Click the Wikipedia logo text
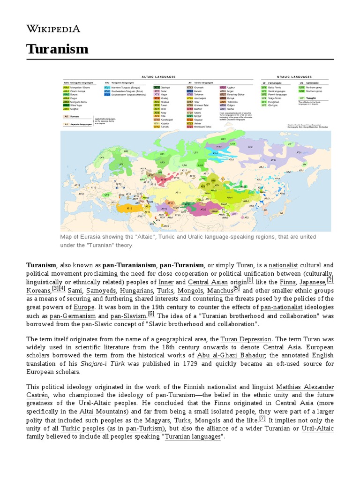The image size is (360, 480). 53,29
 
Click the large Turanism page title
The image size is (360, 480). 57,48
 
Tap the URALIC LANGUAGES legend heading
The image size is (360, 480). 293,76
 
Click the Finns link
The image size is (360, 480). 287,282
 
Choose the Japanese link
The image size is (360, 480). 312,282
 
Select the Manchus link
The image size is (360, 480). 220,291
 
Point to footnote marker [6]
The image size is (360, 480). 151,314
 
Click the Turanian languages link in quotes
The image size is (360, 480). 192,437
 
